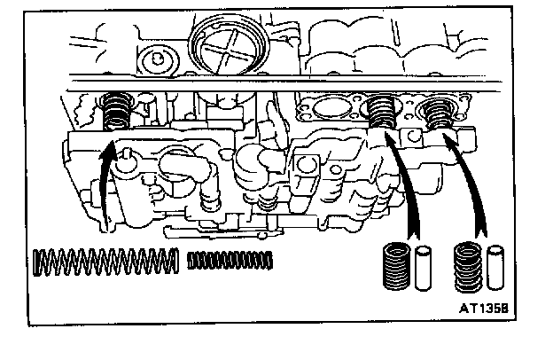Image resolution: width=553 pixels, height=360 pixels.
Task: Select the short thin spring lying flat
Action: tap(231, 260)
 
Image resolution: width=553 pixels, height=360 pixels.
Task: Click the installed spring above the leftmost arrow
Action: tap(115, 111)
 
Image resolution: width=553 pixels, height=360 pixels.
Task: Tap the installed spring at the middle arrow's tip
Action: tap(382, 112)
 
